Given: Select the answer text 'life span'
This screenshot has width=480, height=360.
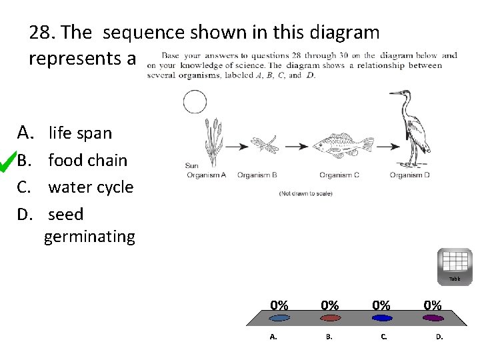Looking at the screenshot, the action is point(80,133).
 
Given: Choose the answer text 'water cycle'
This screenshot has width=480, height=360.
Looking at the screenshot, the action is point(91,187).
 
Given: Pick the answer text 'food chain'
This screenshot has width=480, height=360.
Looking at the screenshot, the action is point(87,160).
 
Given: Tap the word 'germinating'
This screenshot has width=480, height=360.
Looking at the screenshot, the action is point(89,236).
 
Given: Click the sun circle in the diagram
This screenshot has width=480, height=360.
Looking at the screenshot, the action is point(195,103).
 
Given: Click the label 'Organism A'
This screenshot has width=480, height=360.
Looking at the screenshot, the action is point(207,175).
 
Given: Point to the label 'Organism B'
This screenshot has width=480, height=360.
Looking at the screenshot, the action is point(257,175).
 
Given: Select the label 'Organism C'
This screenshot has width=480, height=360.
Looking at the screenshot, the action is point(339,175).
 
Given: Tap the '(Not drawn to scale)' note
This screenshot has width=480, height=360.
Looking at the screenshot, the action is point(306,193).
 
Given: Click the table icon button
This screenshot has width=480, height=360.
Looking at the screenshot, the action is point(455,266).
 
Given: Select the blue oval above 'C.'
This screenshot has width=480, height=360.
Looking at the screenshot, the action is point(381,318).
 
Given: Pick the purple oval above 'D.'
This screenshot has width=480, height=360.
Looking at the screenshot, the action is point(433,318).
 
